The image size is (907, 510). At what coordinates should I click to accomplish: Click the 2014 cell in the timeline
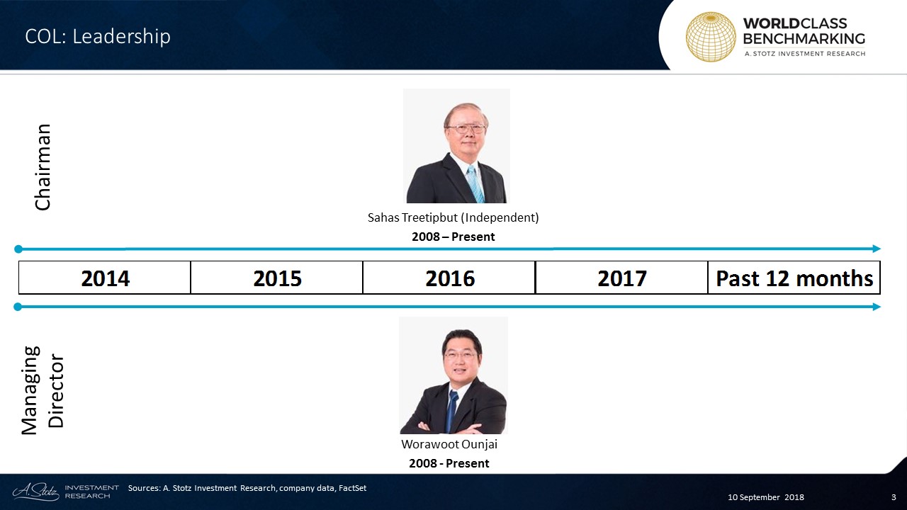coord(105,278)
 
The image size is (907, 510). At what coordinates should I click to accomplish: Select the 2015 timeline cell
coord(277,278)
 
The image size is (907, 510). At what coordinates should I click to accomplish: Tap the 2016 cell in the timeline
coord(449,278)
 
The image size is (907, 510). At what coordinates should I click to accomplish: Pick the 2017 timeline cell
coord(621,278)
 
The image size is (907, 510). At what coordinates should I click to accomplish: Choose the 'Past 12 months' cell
coord(794,278)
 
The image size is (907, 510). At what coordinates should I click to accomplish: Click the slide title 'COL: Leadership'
coord(98,36)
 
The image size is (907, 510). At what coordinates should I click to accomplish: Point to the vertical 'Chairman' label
coord(43,167)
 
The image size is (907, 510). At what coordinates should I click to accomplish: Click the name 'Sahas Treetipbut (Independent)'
coord(453,217)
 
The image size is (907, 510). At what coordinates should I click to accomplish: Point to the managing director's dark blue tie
coord(451,409)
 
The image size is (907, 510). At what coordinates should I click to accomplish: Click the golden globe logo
coord(711,37)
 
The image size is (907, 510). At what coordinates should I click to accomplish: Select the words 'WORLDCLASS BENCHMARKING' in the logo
coord(804,31)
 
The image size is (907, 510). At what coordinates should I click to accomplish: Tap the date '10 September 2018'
coord(766,497)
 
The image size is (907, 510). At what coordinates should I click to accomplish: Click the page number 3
coord(894,497)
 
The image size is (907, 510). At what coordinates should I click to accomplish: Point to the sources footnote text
coord(247,488)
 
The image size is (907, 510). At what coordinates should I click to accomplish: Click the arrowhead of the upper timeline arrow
coord(877,249)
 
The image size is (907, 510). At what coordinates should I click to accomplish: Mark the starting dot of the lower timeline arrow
coord(18,307)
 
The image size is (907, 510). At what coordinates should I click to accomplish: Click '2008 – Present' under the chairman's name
coord(453,237)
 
